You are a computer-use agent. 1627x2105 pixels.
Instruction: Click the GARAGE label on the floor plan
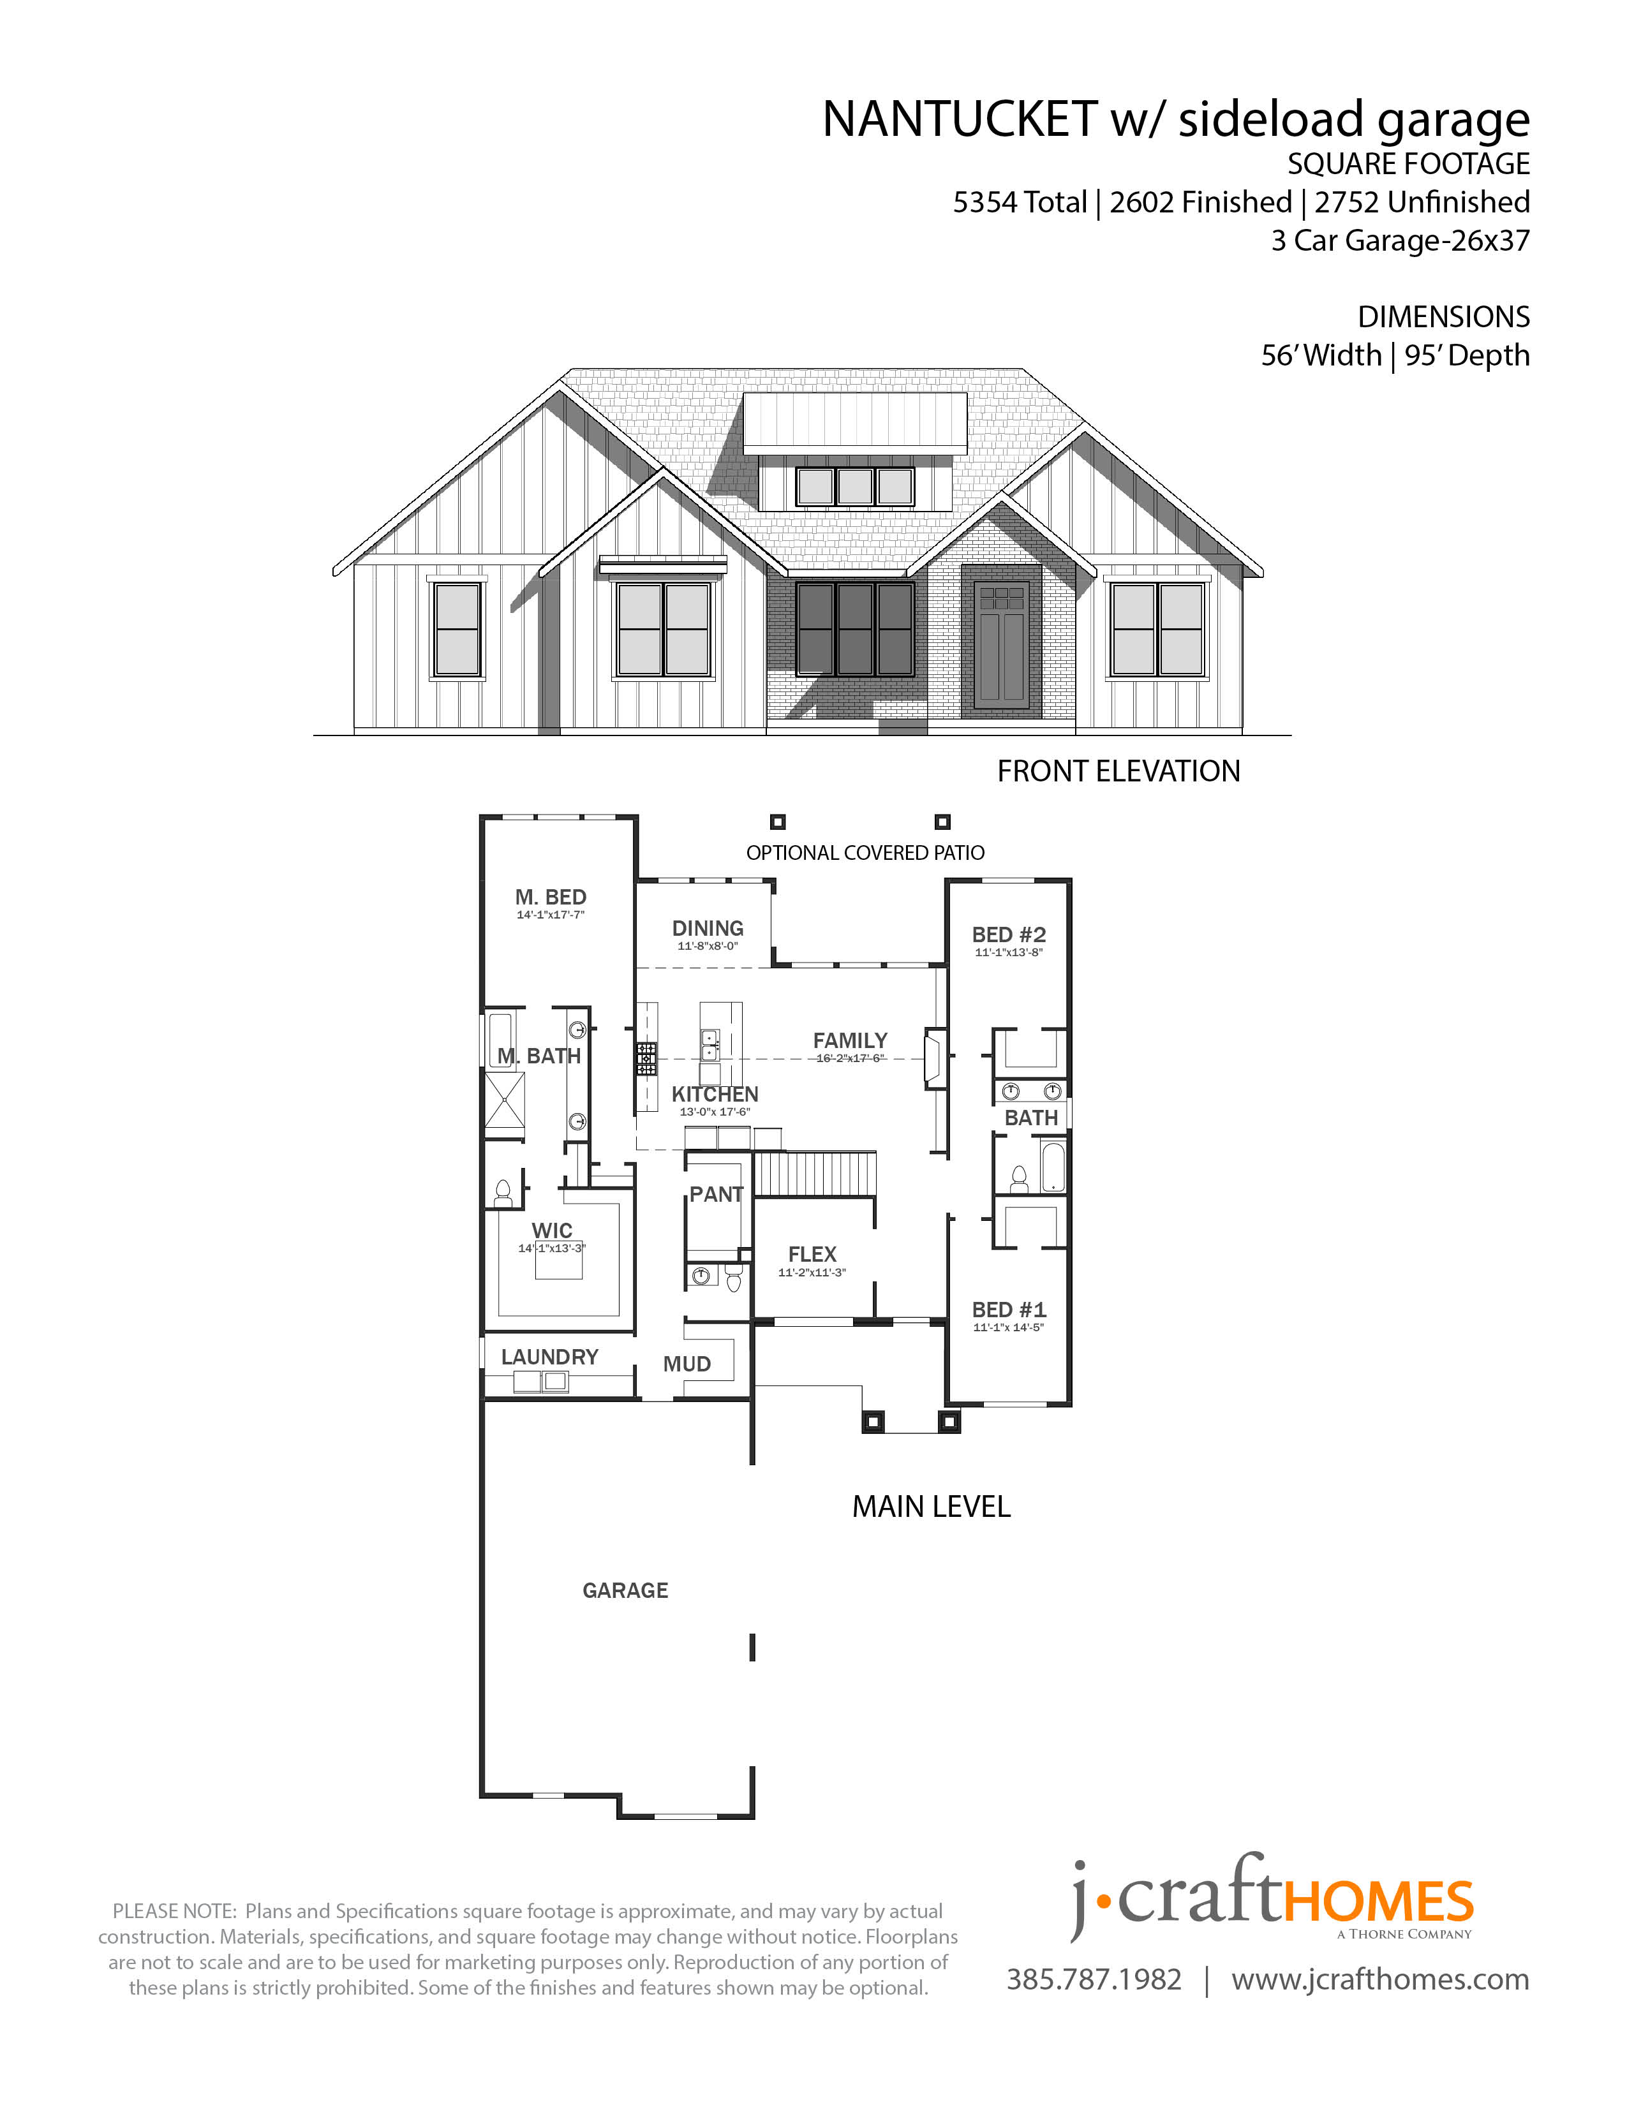coord(625,1590)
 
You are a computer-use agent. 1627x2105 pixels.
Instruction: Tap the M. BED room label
coord(551,897)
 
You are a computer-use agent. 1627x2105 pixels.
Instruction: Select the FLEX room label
coord(812,1254)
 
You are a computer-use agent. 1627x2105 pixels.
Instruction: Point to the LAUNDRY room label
coord(549,1357)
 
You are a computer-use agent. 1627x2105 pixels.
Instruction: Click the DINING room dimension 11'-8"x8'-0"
coord(708,947)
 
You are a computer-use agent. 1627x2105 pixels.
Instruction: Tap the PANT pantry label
coord(716,1194)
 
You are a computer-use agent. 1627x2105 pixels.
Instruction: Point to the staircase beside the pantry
coord(815,1174)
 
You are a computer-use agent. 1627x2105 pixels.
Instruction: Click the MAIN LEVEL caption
coord(931,1507)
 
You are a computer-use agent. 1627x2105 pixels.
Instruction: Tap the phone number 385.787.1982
coord(1094,1980)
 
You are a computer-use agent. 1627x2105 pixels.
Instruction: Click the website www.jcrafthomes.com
coord(1380,1980)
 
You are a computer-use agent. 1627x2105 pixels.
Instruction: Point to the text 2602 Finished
coord(1200,202)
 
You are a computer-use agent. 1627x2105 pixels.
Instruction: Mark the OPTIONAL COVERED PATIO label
coord(866,853)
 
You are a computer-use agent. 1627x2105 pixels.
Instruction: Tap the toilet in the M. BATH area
coord(502,1194)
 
